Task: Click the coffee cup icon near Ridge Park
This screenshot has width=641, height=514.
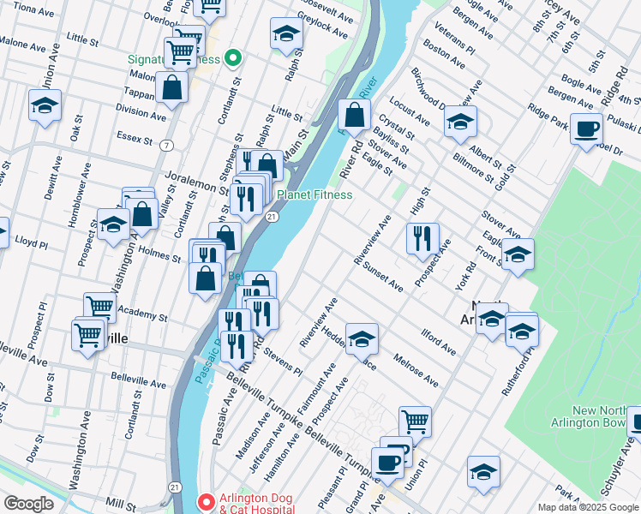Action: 586,129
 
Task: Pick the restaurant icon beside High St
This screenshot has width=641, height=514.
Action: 422,237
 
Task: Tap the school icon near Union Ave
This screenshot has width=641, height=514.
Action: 45,106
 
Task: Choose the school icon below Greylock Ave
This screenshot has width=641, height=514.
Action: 286,34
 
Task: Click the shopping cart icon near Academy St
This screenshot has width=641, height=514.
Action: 100,307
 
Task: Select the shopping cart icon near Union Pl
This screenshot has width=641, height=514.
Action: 415,421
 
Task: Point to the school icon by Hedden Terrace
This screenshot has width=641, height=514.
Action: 362,338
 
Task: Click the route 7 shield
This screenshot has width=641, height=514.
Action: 164,146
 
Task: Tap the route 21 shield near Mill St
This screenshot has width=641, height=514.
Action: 175,487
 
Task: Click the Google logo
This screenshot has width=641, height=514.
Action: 28,504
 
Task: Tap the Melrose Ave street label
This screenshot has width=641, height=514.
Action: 415,369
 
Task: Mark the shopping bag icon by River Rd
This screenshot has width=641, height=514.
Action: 353,115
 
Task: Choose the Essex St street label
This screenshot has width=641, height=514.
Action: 135,139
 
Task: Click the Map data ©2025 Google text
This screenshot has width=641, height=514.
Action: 587,507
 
